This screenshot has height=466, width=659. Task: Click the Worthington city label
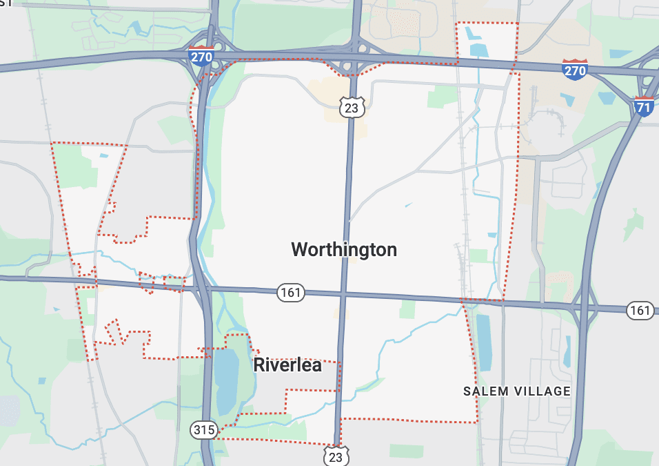(344, 249)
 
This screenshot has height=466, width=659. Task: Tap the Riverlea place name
(287, 365)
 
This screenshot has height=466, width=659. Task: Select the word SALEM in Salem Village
(488, 391)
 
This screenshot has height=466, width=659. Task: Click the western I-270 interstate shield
(201, 56)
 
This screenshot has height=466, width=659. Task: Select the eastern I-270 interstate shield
(574, 70)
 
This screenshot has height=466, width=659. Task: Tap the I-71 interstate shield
(643, 106)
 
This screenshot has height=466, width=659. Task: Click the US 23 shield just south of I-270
(351, 107)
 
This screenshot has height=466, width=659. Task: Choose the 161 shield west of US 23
(291, 293)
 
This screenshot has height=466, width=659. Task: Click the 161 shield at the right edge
(640, 311)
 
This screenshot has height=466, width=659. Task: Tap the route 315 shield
(204, 430)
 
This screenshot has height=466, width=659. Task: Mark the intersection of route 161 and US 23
(343, 295)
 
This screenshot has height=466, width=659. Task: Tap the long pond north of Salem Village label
(484, 342)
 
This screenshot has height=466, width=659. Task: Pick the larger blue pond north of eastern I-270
(478, 49)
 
